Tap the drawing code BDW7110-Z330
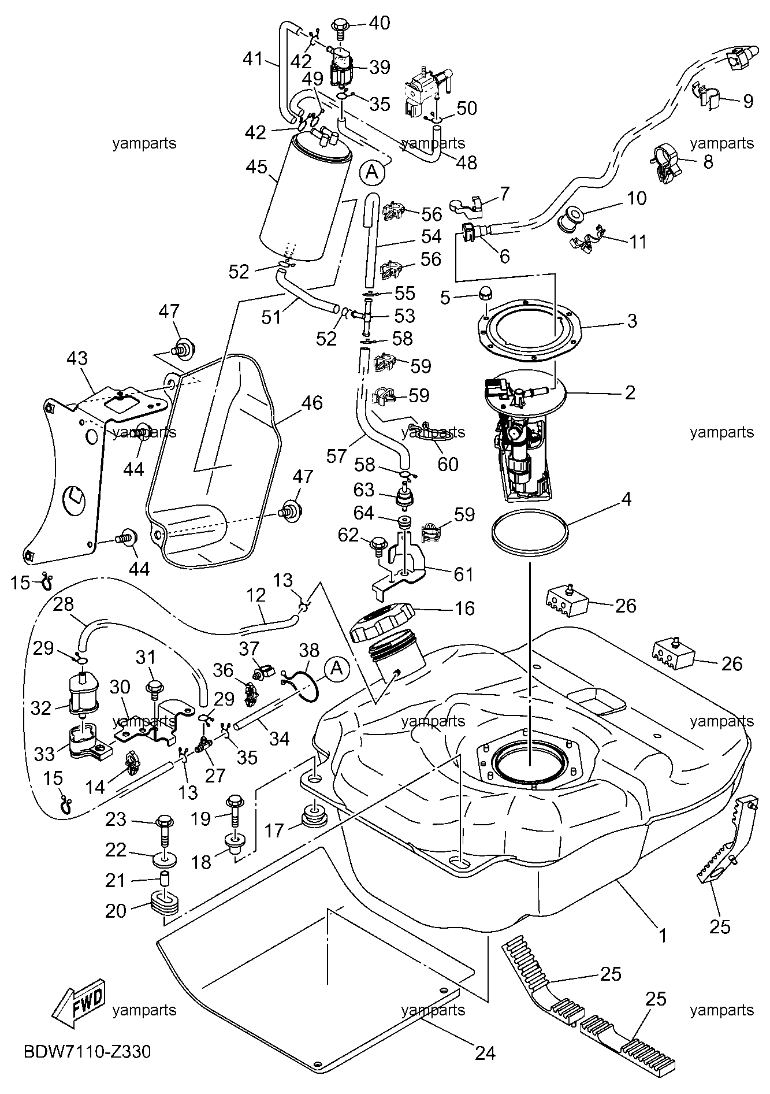[87, 1051]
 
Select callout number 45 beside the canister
[256, 167]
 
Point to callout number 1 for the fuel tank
[663, 935]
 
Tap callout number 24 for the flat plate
[485, 1052]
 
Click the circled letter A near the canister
[372, 171]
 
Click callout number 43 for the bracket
[77, 358]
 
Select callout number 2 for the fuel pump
[630, 393]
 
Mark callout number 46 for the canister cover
[312, 402]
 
